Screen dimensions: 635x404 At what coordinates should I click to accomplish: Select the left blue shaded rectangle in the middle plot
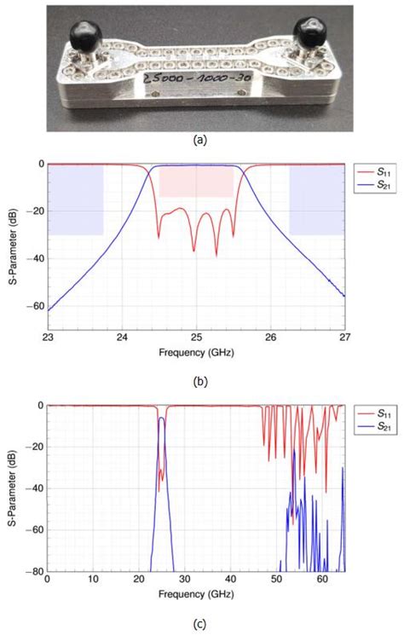click(x=76, y=199)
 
